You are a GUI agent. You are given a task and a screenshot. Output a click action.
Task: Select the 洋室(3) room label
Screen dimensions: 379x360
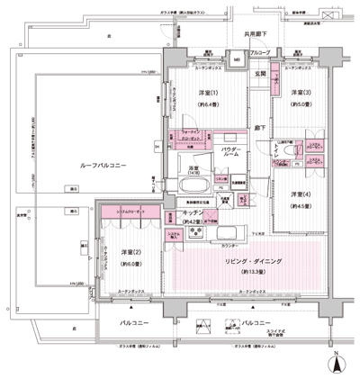coord(301,93)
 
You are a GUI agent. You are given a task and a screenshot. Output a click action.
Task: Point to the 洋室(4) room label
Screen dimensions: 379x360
coord(300,194)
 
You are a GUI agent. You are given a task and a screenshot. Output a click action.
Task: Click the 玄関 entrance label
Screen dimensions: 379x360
coord(257,75)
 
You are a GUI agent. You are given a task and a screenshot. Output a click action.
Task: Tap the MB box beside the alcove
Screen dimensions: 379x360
coord(236,60)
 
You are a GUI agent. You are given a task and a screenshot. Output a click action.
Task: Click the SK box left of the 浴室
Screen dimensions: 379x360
coord(156,146)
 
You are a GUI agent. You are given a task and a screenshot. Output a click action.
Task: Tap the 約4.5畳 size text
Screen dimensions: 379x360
coord(300,205)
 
